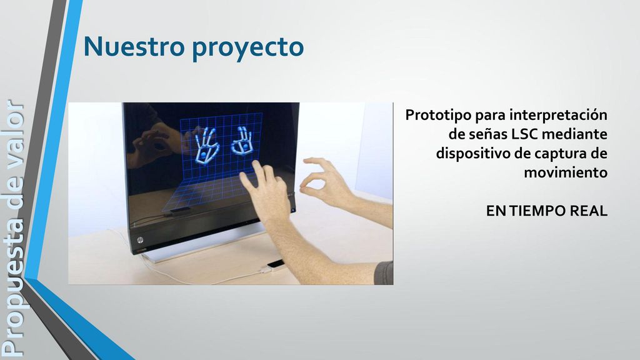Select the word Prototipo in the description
[438, 116]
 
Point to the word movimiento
[565, 172]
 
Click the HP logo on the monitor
[141, 240]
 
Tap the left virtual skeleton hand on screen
[206, 146]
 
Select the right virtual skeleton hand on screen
[242, 142]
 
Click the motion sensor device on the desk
[275, 265]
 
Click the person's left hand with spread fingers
[265, 192]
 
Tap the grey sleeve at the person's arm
[384, 272]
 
